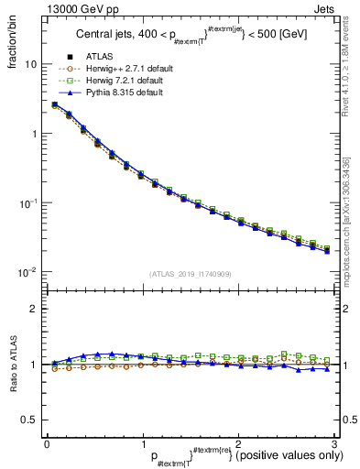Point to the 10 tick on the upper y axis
pos(30,65)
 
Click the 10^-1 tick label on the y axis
pos(27,203)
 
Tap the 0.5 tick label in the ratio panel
pos(28,420)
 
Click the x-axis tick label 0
pos(46,443)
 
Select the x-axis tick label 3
pos(333,443)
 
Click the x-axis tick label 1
pos(142,443)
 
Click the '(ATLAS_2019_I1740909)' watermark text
pos(190,273)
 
